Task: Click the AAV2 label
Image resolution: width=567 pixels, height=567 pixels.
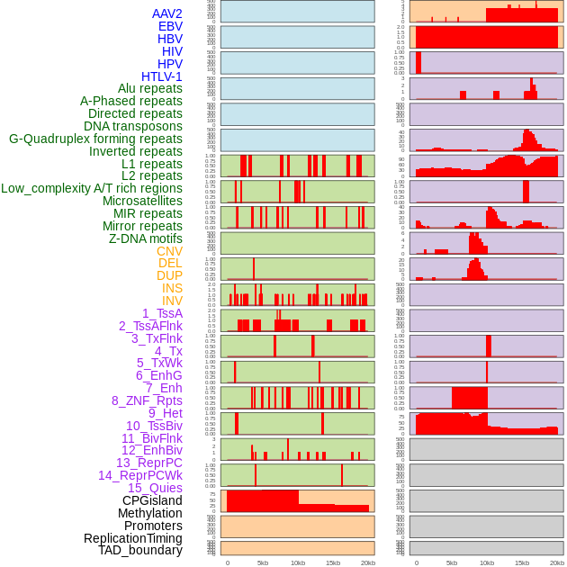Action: pos(166,13)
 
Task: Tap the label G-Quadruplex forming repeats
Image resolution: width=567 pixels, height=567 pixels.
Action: pos(95,139)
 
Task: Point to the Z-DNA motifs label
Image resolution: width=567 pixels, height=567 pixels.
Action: pos(145,238)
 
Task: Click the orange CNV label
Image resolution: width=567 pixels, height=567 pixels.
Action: pos(169,251)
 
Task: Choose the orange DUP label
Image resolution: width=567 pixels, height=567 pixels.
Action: pos(169,275)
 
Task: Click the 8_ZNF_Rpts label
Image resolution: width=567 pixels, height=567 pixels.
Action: pos(147,400)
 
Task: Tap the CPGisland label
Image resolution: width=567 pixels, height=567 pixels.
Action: pos(152,500)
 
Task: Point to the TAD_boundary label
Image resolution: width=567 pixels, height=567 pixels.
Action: pos(140,550)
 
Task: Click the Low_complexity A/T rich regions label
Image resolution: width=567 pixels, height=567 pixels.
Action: pos(92,188)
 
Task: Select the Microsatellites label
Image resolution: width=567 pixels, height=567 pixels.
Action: pos(142,201)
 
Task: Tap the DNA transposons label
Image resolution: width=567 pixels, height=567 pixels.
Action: pos(133,126)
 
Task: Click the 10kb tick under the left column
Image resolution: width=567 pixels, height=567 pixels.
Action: pos(298,562)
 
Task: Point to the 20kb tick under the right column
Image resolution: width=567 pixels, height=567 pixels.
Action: pos(557,562)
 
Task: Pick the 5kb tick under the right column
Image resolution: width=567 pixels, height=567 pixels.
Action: pos(452,562)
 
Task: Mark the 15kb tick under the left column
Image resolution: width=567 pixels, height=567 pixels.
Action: pos(333,562)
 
